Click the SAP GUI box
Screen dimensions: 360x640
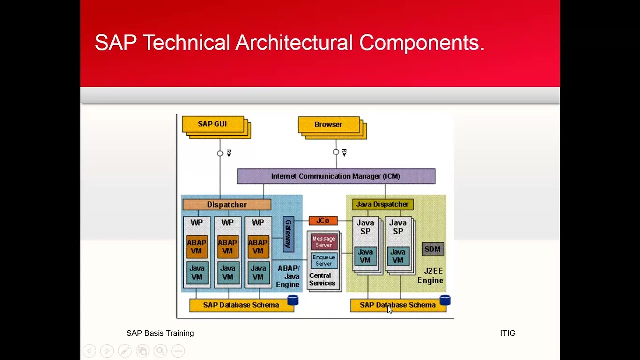click(213, 124)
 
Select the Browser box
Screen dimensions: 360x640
click(328, 125)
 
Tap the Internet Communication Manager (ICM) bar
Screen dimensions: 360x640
click(336, 176)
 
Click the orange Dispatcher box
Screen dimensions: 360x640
click(227, 205)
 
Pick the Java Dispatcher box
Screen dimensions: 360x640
click(382, 204)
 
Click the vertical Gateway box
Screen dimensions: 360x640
click(288, 234)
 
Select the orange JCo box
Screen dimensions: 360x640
click(323, 221)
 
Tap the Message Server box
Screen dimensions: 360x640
click(324, 242)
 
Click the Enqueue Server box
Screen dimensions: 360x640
click(324, 260)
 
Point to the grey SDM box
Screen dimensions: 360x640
click(432, 249)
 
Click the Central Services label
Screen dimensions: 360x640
click(322, 279)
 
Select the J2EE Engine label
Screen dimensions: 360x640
click(431, 276)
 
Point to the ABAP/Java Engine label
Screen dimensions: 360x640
click(288, 276)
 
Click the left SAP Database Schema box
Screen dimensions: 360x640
click(241, 305)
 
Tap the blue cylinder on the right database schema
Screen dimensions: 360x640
click(445, 300)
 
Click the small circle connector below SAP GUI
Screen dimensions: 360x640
click(220, 153)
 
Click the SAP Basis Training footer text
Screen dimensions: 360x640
click(160, 333)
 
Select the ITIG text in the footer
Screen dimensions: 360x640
click(507, 333)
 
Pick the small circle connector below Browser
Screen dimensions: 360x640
click(336, 152)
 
